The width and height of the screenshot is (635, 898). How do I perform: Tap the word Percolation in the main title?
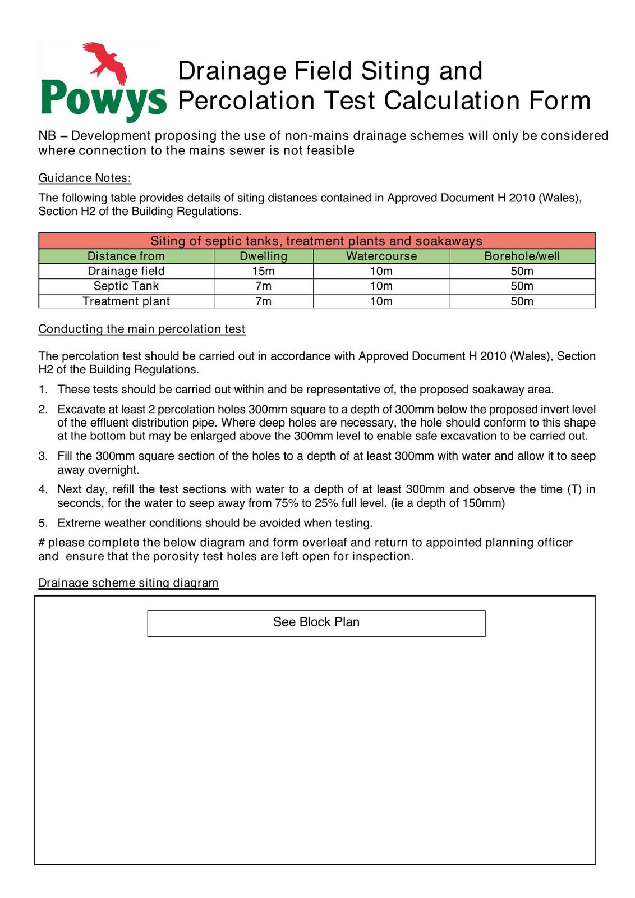coord(246,100)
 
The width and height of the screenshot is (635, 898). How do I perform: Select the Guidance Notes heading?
coord(85,178)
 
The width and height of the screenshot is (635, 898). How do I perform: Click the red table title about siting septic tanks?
coord(316,241)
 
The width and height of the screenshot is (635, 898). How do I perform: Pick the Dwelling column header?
coord(263,256)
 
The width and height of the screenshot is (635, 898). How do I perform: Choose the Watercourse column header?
coord(381,256)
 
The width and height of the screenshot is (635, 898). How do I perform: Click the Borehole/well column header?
coord(522,256)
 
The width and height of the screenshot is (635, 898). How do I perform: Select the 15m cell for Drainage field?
coord(263,271)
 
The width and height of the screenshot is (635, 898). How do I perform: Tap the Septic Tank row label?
coord(126,286)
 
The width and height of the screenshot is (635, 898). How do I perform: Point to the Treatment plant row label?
coord(126,301)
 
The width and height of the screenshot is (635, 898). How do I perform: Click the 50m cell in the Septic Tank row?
coord(522,286)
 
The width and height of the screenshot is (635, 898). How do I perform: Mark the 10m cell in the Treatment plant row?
coord(381,301)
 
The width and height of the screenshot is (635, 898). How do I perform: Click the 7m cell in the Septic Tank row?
coord(263,286)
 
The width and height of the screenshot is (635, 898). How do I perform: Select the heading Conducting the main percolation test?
coord(142,329)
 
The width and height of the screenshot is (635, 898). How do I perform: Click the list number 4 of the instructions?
coord(43,489)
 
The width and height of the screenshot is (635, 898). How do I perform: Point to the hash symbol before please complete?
coord(42,543)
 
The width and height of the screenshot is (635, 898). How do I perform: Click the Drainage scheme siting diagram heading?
coord(128,583)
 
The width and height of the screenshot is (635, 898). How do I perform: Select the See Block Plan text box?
coord(316,623)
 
